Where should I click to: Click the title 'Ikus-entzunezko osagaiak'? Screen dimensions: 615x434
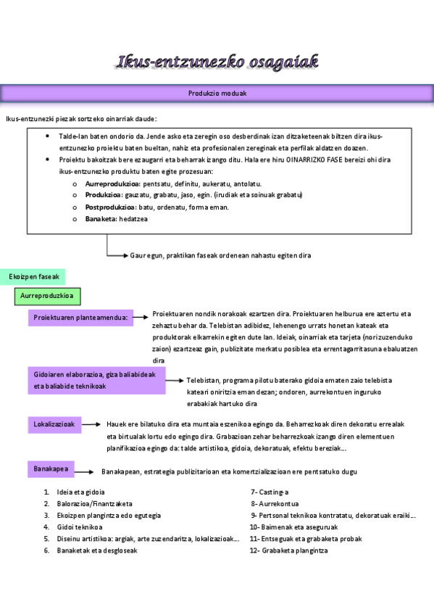click(x=217, y=62)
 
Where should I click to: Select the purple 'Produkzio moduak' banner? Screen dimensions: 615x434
click(x=217, y=94)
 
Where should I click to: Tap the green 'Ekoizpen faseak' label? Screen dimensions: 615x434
click(x=33, y=277)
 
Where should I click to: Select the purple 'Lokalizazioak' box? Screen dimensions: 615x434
click(x=52, y=424)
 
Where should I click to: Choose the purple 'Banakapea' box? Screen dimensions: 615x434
click(x=51, y=469)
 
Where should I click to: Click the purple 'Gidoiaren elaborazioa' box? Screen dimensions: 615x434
click(x=98, y=381)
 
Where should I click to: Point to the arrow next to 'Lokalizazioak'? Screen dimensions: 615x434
click(x=90, y=424)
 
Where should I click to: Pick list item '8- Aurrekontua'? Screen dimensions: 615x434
click(x=275, y=504)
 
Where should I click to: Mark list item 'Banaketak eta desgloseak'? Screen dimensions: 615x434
click(x=97, y=550)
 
